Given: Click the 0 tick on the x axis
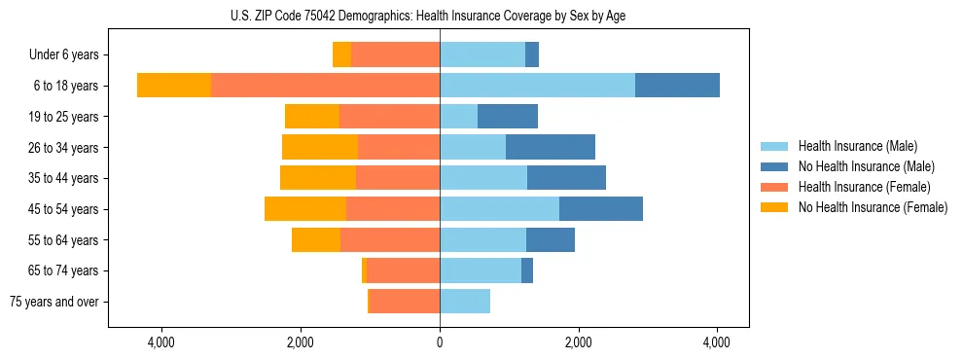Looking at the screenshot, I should click(x=440, y=342).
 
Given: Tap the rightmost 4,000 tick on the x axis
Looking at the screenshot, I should click(x=717, y=342).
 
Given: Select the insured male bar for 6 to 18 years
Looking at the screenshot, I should click(x=537, y=86).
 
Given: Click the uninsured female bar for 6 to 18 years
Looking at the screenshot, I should click(x=174, y=86).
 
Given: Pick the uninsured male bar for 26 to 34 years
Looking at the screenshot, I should click(x=551, y=147).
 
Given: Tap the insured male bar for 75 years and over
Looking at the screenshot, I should click(x=465, y=302).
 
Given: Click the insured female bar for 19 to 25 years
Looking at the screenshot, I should click(x=389, y=117).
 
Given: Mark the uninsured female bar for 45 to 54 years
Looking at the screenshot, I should click(x=305, y=209).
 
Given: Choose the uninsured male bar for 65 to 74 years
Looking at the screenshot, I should click(x=527, y=270).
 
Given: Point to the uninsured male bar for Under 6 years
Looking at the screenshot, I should click(x=532, y=55).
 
